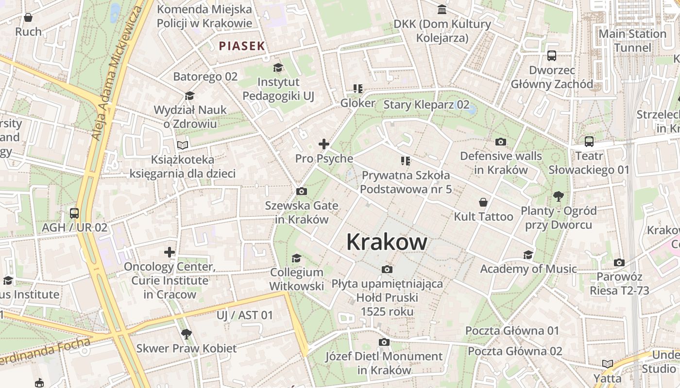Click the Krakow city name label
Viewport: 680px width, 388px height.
[387, 242]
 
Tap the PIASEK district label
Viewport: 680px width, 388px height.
[242, 46]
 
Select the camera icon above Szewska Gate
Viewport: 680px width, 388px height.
[301, 192]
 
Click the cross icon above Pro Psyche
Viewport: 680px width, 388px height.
[324, 144]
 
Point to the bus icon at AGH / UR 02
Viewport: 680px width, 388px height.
[74, 213]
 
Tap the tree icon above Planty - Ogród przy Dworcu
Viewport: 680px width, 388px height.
[558, 196]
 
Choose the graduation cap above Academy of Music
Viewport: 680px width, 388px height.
[528, 255]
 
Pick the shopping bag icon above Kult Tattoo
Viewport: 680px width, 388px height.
[483, 202]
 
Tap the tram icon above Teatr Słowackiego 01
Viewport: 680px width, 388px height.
[589, 142]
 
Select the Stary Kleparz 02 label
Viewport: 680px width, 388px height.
[426, 105]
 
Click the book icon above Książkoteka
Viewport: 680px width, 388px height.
[183, 145]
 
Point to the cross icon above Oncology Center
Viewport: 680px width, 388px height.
[169, 252]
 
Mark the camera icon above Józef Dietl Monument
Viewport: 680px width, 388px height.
[384, 342]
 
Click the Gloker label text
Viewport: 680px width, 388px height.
[357, 103]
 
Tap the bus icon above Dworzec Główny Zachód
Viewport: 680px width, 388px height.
[552, 56]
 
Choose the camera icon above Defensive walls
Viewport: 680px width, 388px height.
[501, 142]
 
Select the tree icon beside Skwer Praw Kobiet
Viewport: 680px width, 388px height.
[186, 334]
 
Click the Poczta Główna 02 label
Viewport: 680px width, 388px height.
[515, 351]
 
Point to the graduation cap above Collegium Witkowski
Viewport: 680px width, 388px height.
[296, 258]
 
